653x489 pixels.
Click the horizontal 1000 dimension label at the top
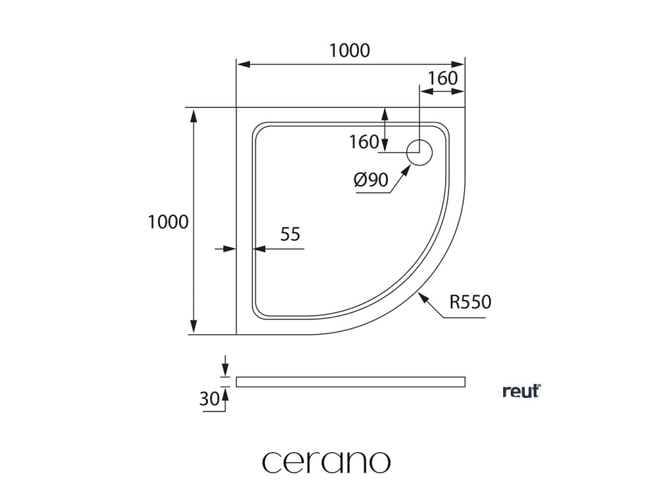(x=349, y=50)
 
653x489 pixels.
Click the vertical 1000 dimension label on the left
(x=168, y=222)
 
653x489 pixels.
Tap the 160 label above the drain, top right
(x=443, y=78)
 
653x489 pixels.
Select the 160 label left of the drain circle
(x=364, y=142)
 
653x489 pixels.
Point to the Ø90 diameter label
(x=371, y=181)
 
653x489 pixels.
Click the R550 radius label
(x=470, y=302)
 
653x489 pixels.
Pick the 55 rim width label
(x=290, y=234)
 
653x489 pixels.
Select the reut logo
(x=522, y=391)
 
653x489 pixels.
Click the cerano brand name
(x=326, y=462)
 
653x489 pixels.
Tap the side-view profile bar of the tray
(x=350, y=381)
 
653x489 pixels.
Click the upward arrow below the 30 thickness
(x=224, y=395)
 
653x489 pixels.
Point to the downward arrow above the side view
(x=224, y=370)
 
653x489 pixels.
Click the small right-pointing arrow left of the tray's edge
(x=231, y=249)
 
